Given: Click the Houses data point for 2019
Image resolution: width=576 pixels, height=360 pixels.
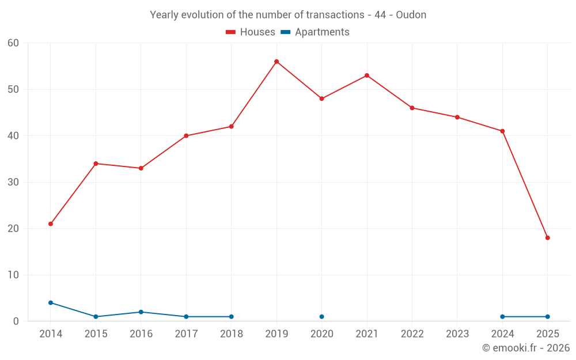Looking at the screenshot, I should click(x=276, y=62).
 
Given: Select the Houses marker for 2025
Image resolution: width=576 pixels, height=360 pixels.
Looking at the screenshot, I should click(x=547, y=238).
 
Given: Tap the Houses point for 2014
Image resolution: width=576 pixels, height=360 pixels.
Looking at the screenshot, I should click(x=51, y=224).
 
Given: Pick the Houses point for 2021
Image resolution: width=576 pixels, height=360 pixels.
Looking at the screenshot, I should click(x=367, y=75).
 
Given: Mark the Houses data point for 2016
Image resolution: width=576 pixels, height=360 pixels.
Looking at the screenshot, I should click(x=141, y=168).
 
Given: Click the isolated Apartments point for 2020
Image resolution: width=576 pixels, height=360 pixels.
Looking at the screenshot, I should click(x=321, y=317).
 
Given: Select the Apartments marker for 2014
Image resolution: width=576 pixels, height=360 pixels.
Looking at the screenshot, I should click(x=51, y=303).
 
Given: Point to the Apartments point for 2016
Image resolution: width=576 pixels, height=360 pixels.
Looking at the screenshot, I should click(x=141, y=312).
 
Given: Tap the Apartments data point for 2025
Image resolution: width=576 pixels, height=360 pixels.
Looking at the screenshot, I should click(x=547, y=317).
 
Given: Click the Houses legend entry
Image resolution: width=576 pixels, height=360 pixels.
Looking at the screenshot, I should click(x=251, y=32).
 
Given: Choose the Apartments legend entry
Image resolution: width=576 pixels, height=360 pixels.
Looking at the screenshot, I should click(x=315, y=32).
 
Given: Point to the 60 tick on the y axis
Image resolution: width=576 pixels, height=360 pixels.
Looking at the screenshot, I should click(x=13, y=43).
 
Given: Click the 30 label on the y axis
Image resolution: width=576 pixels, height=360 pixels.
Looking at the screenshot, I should click(x=13, y=183).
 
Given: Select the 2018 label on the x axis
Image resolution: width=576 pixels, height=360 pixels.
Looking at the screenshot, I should click(x=231, y=334).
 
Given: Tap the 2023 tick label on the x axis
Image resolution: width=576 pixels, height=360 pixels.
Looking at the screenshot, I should click(x=457, y=334).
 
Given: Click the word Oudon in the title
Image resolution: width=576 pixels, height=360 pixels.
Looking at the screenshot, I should click(x=411, y=15).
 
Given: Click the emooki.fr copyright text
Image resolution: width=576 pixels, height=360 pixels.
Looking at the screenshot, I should click(x=525, y=348).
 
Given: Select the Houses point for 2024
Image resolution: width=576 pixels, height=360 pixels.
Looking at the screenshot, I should click(x=502, y=131).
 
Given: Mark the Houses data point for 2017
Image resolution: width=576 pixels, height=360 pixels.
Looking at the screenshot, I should click(x=186, y=136).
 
